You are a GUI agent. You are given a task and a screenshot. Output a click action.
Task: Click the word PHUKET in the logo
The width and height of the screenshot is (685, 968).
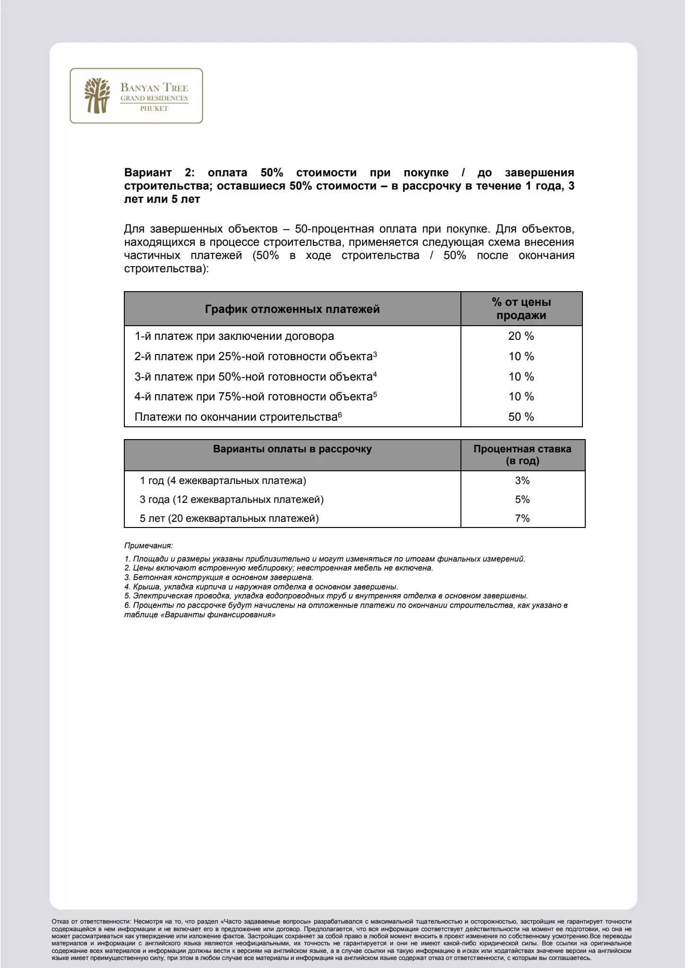click(x=154, y=109)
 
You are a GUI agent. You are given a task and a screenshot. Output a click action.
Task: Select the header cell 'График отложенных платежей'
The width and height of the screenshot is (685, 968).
click(x=292, y=309)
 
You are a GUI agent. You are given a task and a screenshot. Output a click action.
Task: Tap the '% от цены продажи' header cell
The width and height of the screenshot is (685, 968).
click(x=521, y=309)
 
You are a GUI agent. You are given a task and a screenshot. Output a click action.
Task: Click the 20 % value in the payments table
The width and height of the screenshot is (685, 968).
click(x=521, y=336)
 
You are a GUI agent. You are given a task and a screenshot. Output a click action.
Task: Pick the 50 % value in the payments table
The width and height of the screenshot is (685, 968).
click(x=521, y=417)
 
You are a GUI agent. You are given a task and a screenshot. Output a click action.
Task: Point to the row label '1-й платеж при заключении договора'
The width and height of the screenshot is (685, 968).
click(x=234, y=336)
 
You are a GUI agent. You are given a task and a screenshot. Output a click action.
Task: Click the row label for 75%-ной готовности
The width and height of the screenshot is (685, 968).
click(x=255, y=397)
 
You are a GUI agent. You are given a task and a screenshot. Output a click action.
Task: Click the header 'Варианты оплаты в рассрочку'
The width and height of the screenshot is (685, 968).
click(x=292, y=449)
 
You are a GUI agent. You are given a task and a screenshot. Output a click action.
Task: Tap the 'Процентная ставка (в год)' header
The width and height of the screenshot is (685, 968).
click(x=522, y=455)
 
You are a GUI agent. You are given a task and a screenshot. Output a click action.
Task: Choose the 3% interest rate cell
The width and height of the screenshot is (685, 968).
click(x=522, y=481)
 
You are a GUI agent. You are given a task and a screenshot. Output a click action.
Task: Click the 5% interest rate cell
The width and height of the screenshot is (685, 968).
click(x=522, y=500)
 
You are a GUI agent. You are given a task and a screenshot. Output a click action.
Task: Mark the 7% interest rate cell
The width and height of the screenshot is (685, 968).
click(x=522, y=519)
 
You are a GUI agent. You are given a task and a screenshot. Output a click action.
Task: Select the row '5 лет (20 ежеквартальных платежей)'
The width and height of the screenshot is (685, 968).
click(x=229, y=519)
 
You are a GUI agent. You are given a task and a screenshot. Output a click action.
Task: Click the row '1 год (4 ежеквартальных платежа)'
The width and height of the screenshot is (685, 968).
click(x=223, y=481)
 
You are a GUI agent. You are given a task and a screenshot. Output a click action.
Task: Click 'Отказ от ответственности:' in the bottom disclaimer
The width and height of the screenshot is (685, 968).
click(x=91, y=922)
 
